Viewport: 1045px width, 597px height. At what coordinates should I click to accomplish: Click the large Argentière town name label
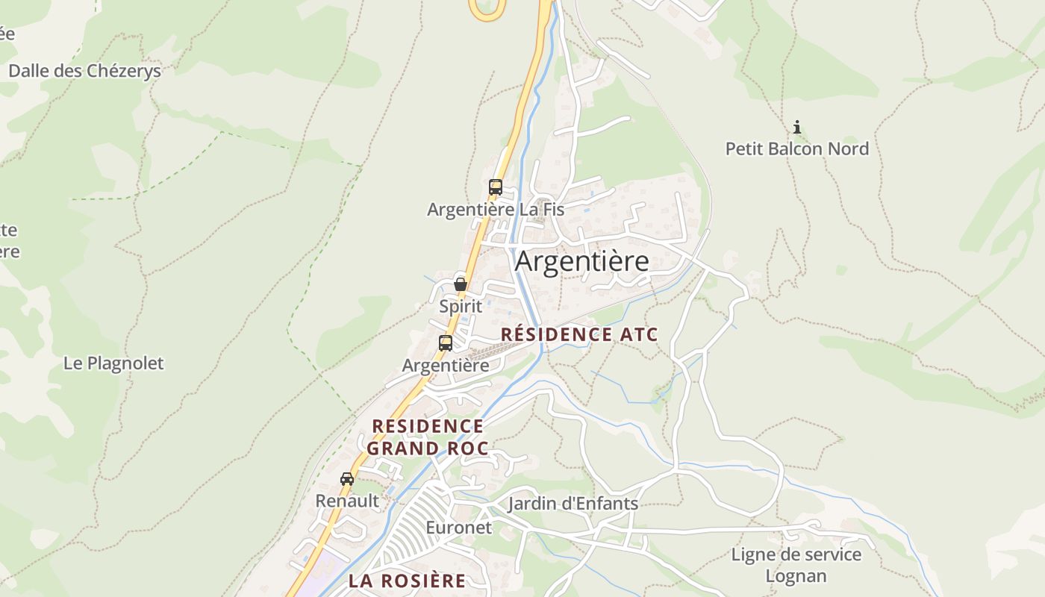pyautogui.click(x=581, y=262)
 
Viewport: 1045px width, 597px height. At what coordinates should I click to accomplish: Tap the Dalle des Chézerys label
pyautogui.click(x=84, y=71)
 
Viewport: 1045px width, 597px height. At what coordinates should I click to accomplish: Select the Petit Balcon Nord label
pyautogui.click(x=797, y=149)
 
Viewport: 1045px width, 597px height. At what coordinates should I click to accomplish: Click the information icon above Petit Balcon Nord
pyautogui.click(x=797, y=127)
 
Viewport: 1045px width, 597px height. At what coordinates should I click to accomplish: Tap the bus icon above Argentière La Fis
pyautogui.click(x=495, y=187)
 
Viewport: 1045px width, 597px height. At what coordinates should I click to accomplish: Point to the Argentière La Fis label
pyautogui.click(x=495, y=210)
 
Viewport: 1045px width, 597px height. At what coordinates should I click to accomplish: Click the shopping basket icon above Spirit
pyautogui.click(x=461, y=284)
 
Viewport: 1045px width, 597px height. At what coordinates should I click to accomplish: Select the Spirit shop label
pyautogui.click(x=461, y=306)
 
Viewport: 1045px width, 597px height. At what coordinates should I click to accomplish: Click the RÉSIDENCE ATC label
pyautogui.click(x=579, y=334)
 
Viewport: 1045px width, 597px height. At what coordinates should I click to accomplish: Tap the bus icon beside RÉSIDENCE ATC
pyautogui.click(x=446, y=343)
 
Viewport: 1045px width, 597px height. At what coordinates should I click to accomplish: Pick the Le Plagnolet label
pyautogui.click(x=113, y=363)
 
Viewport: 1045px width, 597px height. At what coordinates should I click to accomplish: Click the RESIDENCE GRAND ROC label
pyautogui.click(x=428, y=437)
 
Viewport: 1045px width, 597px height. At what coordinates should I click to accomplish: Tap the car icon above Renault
pyautogui.click(x=347, y=479)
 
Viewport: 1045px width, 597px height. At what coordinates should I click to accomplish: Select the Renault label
pyautogui.click(x=347, y=501)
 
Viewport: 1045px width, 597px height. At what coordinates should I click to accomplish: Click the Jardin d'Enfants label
pyautogui.click(x=573, y=504)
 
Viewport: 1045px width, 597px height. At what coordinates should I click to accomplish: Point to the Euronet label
pyautogui.click(x=459, y=528)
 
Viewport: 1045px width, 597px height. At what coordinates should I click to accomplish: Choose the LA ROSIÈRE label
pyautogui.click(x=407, y=581)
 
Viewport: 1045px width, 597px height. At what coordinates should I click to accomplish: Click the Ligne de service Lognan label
pyautogui.click(x=796, y=566)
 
